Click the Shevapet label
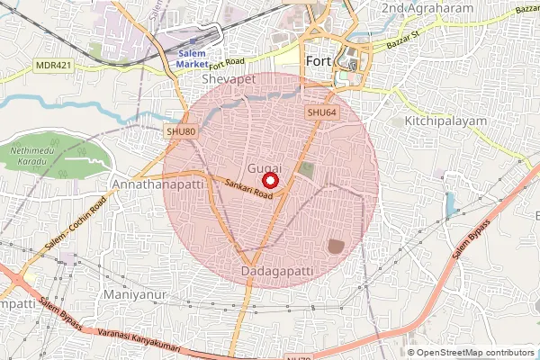pos(229,80)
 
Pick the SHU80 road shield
pos(181,131)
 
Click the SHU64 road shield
pos(321,112)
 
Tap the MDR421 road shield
pos(53,66)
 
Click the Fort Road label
pos(227,62)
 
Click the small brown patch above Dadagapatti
pos(336,245)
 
